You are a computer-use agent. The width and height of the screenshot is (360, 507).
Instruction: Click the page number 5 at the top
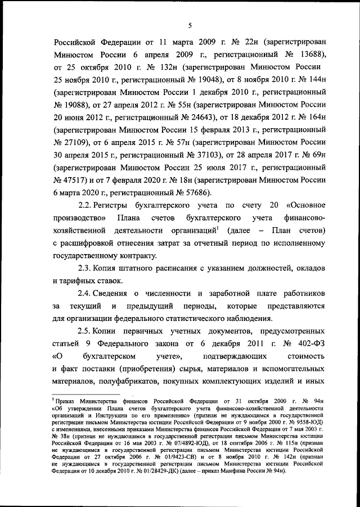coord(190,25)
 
